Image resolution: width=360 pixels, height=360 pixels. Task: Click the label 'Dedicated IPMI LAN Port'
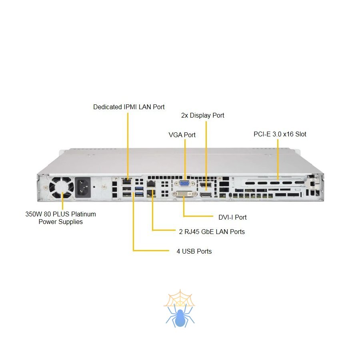pyautogui.click(x=129, y=107)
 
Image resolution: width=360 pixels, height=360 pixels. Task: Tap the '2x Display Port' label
pyautogui.click(x=202, y=115)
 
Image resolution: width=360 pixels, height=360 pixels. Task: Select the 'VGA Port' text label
pyautogui.click(x=182, y=135)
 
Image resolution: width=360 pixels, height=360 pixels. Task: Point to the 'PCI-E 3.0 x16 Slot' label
pyautogui.click(x=280, y=134)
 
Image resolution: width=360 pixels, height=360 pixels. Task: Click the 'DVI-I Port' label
pyautogui.click(x=232, y=217)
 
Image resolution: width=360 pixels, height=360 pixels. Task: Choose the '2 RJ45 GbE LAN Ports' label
pyautogui.click(x=212, y=232)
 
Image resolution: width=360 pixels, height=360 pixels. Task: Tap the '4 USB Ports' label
pyautogui.click(x=194, y=251)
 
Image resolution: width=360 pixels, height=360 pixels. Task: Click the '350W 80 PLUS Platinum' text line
pyautogui.click(x=60, y=214)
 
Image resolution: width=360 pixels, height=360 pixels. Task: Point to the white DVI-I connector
pyautogui.click(x=184, y=194)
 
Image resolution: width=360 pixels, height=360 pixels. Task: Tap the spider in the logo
pyautogui.click(x=180, y=316)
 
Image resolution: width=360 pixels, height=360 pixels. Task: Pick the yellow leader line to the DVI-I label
pyautogui.click(x=198, y=216)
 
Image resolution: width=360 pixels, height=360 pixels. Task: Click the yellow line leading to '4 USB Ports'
pyautogui.click(x=152, y=251)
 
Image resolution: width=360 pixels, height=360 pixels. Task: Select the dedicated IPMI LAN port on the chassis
pyautogui.click(x=127, y=182)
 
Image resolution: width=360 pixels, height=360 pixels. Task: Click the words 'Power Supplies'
pyautogui.click(x=60, y=222)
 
